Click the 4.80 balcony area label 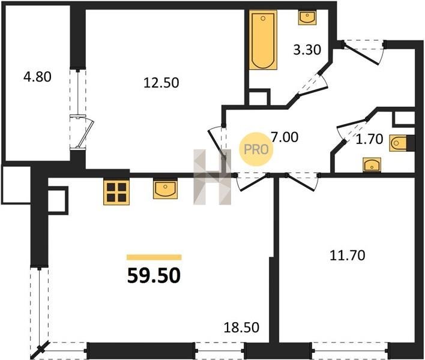(37, 77)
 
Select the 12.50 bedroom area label (161, 83)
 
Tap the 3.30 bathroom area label (307, 50)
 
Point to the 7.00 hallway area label (285, 137)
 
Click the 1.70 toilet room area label (369, 139)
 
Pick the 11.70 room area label (347, 255)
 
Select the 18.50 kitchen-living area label (241, 327)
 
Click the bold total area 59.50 (154, 276)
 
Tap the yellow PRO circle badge (256, 149)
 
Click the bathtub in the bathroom (263, 40)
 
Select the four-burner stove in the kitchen (116, 192)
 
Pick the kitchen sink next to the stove (165, 188)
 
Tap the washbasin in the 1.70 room (372, 164)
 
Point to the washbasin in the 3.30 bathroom (307, 17)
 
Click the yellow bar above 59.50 (154, 257)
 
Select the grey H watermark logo (212, 176)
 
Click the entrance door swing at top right (364, 53)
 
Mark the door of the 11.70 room (302, 182)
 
